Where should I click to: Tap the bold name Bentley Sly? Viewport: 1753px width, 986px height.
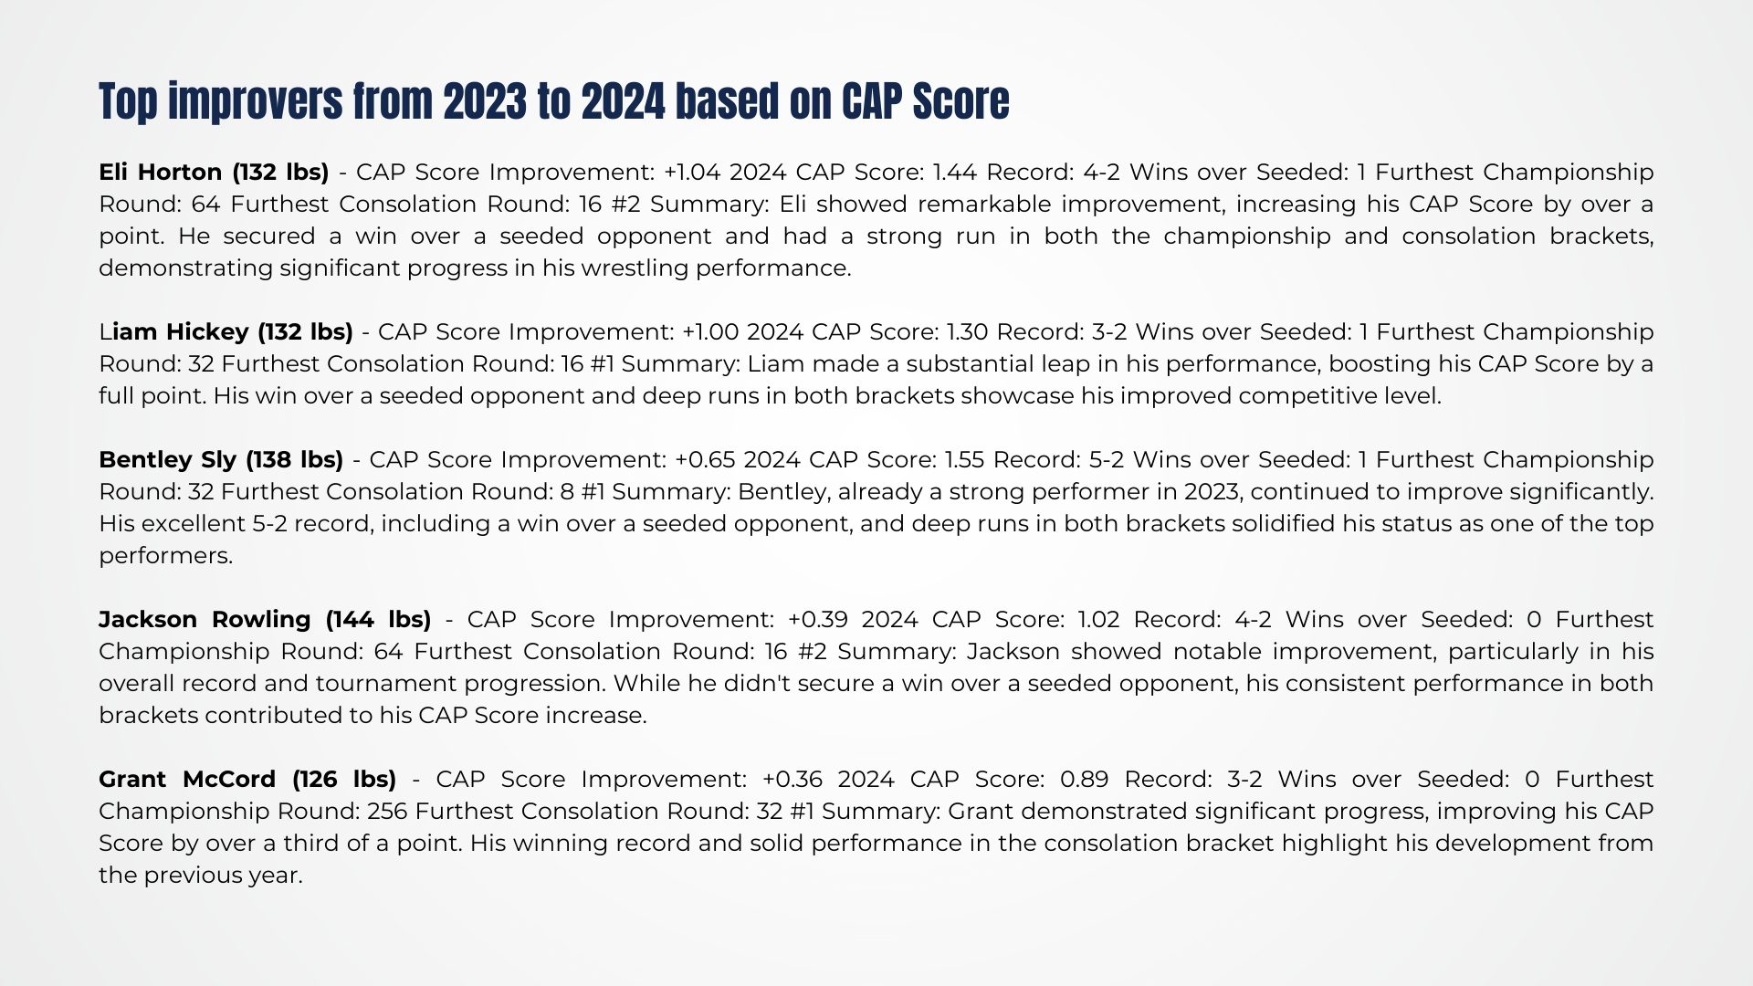pyautogui.click(x=168, y=460)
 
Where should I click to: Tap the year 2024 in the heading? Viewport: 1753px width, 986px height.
pyautogui.click(x=624, y=101)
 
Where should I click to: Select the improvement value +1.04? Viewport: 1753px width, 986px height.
pyautogui.click(x=693, y=172)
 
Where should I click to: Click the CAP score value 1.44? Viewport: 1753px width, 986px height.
pyautogui.click(x=954, y=172)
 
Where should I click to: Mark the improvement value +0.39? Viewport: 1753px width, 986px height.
pyautogui.click(x=818, y=619)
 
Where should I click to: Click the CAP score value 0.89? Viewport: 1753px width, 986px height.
pyautogui.click(x=1084, y=779)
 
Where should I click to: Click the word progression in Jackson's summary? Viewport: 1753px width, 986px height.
pyautogui.click(x=535, y=684)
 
